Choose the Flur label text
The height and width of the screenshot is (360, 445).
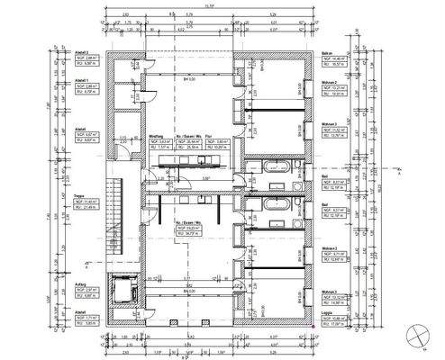pos(208,136)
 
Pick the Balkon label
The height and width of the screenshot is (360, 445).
pos(330,54)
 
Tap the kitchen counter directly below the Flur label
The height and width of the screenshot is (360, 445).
pos(203,162)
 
